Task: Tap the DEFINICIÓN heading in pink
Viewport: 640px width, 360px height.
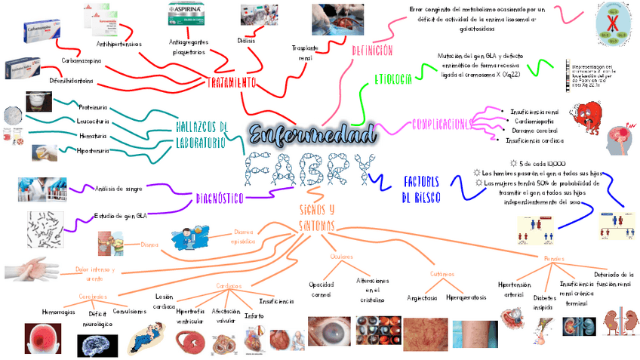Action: click(x=372, y=51)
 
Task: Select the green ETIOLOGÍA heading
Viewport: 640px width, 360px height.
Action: click(x=393, y=78)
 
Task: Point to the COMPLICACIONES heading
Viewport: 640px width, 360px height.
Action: click(x=442, y=124)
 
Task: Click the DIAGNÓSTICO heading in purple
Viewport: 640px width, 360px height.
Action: click(x=219, y=199)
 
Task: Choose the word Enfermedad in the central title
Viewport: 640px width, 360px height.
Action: click(x=312, y=135)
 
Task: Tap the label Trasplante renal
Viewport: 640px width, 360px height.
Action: click(x=304, y=52)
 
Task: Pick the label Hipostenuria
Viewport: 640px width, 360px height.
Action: click(x=93, y=151)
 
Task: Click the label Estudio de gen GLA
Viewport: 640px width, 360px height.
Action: click(x=121, y=217)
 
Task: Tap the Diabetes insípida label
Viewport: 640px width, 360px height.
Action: click(x=544, y=303)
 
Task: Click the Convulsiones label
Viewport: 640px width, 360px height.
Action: click(x=129, y=311)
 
